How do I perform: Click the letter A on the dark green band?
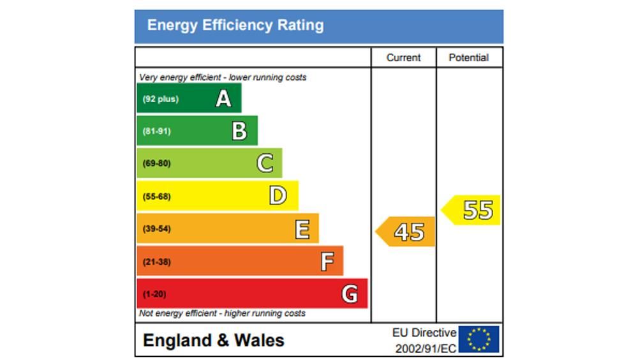223,99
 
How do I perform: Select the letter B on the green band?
239,131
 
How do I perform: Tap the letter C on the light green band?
265,163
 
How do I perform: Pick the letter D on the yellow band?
278,196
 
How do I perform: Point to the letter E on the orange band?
302,229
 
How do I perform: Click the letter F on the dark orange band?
327,261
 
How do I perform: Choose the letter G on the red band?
350,294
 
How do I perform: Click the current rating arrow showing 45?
406,232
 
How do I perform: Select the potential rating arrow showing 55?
473,210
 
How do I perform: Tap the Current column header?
403,57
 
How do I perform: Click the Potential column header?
468,57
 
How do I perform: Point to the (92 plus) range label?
160,99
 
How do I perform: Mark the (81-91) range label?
156,131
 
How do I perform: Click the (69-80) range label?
156,163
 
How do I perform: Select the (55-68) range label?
156,196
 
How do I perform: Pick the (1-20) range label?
154,294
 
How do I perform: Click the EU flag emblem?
479,340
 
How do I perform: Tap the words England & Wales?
214,340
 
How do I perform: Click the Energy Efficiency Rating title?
235,26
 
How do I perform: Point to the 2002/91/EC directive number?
426,349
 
